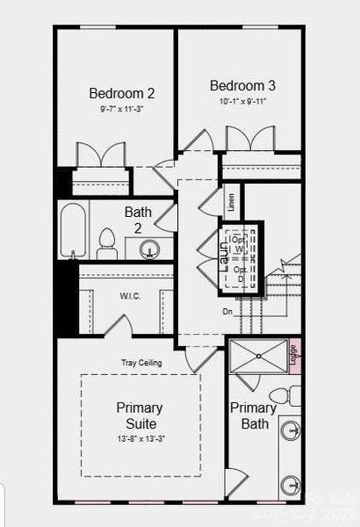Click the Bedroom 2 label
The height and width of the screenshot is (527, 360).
(122, 92)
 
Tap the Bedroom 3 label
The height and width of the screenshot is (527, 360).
(243, 86)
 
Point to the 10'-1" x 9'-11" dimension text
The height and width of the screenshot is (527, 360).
(243, 101)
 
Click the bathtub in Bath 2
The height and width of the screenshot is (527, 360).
(73, 231)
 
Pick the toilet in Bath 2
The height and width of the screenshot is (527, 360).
(107, 243)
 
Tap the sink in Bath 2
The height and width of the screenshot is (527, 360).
(150, 249)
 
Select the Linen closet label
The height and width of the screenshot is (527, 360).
(232, 204)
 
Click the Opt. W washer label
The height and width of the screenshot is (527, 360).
(238, 244)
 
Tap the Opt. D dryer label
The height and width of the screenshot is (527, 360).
(238, 273)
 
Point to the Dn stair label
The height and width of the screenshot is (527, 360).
(227, 310)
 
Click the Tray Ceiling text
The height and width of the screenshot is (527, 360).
(142, 363)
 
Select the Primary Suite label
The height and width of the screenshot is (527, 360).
(140, 416)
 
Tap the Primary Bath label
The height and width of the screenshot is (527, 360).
(253, 416)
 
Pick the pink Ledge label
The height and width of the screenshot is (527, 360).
(293, 354)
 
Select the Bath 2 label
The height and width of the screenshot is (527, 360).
(138, 219)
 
